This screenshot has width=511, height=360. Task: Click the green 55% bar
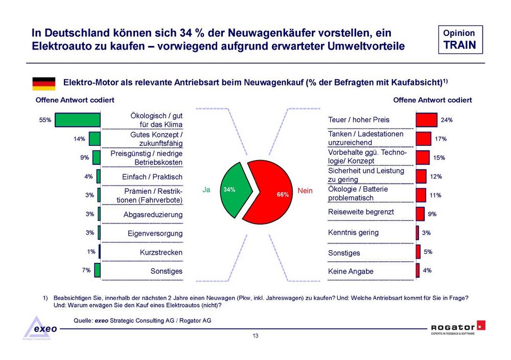pos(78,120)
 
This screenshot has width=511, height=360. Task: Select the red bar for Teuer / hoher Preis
pos(426,120)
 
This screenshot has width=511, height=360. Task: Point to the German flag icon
pos(43,83)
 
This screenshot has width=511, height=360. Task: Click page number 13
pos(255,336)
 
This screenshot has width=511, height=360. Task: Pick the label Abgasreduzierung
pos(153,215)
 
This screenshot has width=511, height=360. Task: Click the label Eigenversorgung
pos(155,234)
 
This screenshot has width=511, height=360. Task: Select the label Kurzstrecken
pos(161,252)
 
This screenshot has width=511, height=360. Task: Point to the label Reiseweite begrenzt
pos(361,212)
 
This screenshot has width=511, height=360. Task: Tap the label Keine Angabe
pos(351,271)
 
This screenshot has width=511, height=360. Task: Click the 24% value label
pos(447,120)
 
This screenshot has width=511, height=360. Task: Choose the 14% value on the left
pos(79,139)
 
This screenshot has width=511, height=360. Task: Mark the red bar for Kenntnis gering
pos(417,233)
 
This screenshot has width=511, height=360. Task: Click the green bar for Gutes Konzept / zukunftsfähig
pos(95,139)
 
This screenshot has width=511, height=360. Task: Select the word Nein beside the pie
pos(305,190)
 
